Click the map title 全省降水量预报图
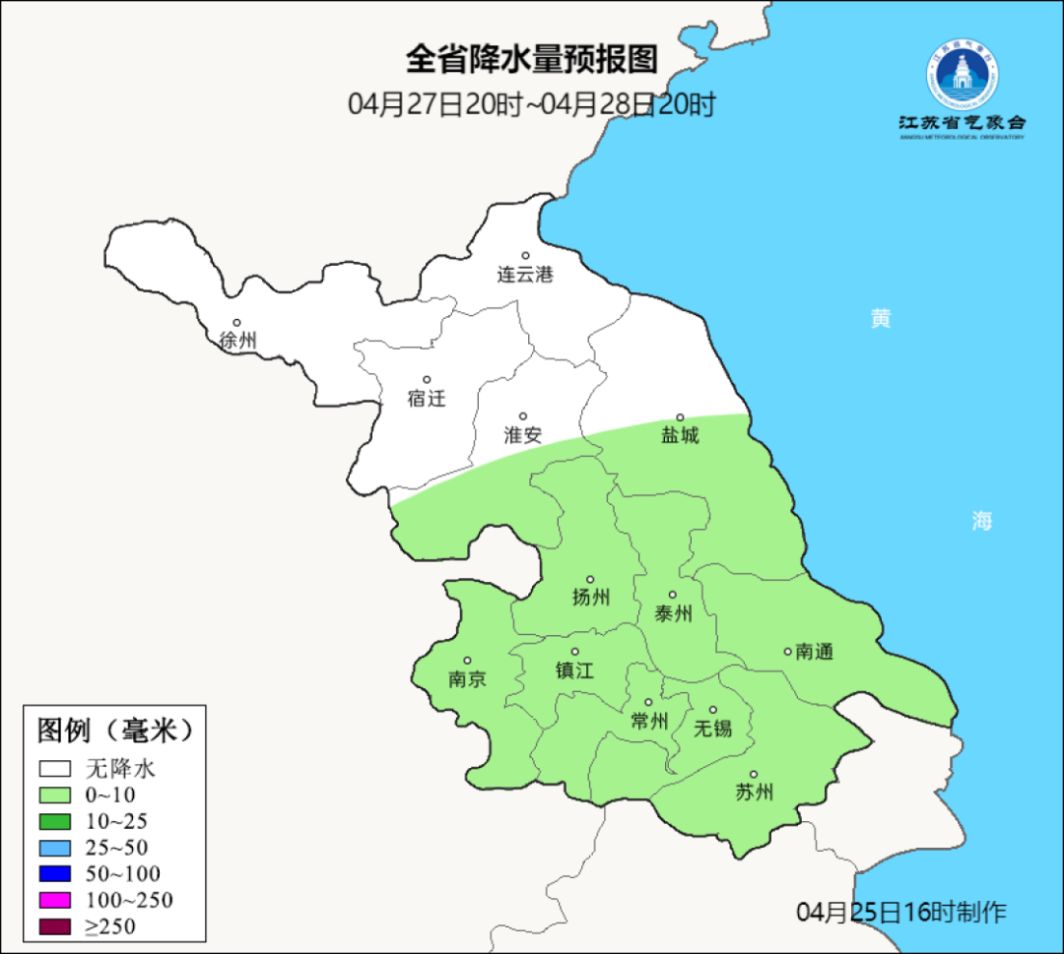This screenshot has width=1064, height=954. coord(531,60)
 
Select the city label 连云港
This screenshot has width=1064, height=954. coord(525,275)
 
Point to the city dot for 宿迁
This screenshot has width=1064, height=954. coord(427,380)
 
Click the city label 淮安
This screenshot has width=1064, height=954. coord(523,434)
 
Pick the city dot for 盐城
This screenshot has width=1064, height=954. coord(679,417)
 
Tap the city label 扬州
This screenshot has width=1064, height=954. coord(591,597)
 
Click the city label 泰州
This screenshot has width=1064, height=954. coord(673,613)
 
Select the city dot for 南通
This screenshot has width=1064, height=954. coord(787,651)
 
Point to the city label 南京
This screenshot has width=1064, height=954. coord(467,678)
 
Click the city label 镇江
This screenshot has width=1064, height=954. coord(575,669)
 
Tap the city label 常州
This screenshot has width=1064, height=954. coord(649,722)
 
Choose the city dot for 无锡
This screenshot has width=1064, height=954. coord(713,710)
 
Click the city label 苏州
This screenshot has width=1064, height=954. coord(754,792)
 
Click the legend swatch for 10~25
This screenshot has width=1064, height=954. coord(55,821)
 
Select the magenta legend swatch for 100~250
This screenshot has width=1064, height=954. coord(55,900)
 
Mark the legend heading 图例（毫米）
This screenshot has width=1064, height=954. coord(114,731)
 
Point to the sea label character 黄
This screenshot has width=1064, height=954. coord(881,318)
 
